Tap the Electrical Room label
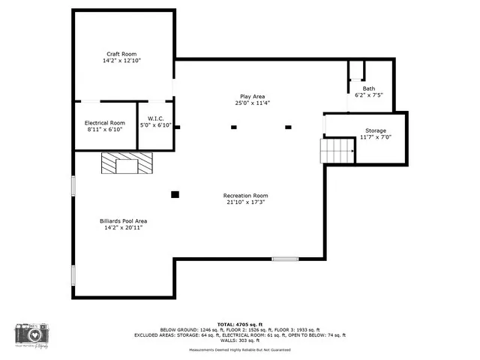pos(104,122)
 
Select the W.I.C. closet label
pos(156,118)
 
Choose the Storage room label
pos(376,130)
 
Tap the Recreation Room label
pos(245,195)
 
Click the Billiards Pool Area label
pos(123,220)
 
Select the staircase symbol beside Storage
pos(337,151)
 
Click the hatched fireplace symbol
pos(126,162)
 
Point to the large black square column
pos(175,194)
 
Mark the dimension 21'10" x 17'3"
pos(245,202)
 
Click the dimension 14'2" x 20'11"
pos(123,227)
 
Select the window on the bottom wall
pos(284,259)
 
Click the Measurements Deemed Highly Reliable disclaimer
pos(239,349)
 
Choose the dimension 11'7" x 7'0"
pos(376,137)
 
